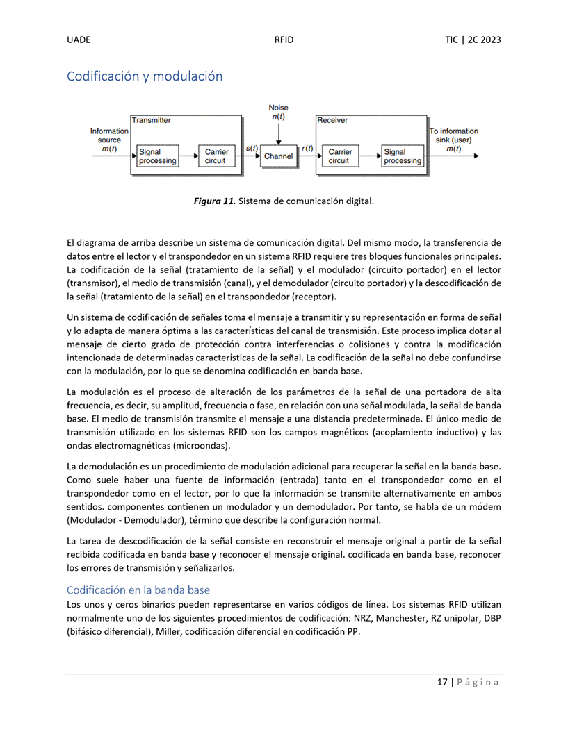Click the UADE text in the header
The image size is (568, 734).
[79, 40]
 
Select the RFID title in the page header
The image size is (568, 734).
[284, 40]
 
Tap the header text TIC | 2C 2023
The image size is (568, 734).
[473, 40]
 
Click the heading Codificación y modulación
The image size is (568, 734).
[145, 76]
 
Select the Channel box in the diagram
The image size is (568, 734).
[278, 156]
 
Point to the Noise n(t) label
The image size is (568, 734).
[278, 112]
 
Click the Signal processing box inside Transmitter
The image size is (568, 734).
[157, 156]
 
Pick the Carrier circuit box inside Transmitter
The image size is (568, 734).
[216, 156]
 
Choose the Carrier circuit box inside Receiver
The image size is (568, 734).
[340, 156]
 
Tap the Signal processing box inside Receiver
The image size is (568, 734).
[403, 156]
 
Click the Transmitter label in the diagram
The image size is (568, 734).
[152, 120]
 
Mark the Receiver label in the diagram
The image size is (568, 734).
[332, 120]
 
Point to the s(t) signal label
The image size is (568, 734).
[252, 148]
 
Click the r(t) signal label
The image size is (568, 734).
[307, 148]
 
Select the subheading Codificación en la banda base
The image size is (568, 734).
[138, 590]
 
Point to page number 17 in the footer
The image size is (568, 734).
[442, 682]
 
